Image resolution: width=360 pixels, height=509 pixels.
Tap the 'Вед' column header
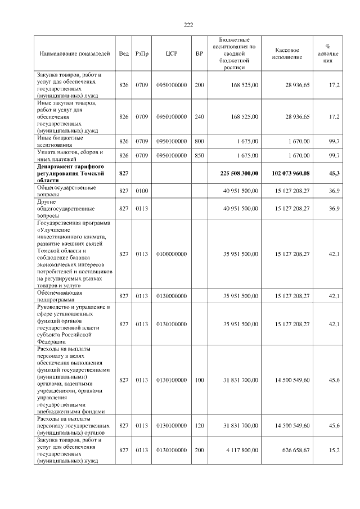coord(124,53)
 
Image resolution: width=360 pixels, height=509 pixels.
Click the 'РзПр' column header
coord(142,53)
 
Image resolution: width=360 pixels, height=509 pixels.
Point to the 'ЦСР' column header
coord(172,53)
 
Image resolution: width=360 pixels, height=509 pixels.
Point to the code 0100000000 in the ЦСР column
coord(172,254)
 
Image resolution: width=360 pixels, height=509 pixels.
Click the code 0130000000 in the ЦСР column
coord(172,296)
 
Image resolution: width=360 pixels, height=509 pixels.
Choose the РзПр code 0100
coord(141,191)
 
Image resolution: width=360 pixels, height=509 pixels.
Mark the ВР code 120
coord(199,426)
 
